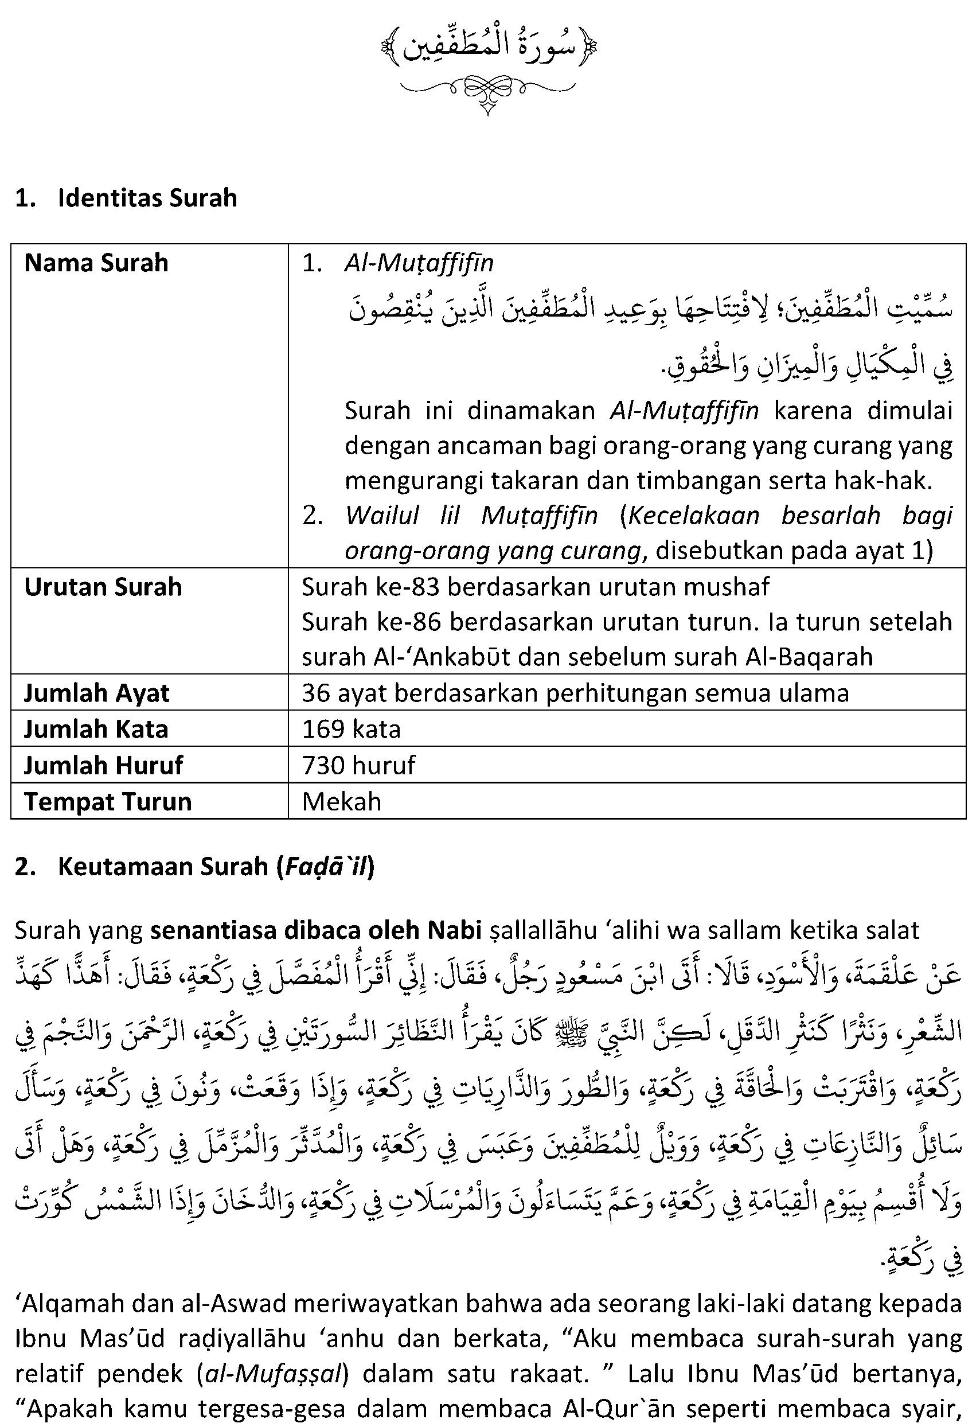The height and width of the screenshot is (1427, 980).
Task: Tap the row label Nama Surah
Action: [x=96, y=263]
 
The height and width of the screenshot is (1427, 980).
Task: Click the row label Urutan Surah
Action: [x=103, y=587]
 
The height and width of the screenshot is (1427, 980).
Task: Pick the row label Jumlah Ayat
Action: [x=96, y=693]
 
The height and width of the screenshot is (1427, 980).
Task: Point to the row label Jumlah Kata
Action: [x=96, y=730]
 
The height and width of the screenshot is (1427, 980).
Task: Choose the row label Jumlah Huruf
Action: [x=103, y=766]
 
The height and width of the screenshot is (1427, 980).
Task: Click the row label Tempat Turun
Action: [x=107, y=802]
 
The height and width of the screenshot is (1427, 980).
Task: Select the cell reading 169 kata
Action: [x=351, y=730]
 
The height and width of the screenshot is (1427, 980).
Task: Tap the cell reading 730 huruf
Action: [x=358, y=766]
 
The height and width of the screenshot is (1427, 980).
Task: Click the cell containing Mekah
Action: [x=341, y=802]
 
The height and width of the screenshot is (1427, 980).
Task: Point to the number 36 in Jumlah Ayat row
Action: [x=315, y=693]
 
